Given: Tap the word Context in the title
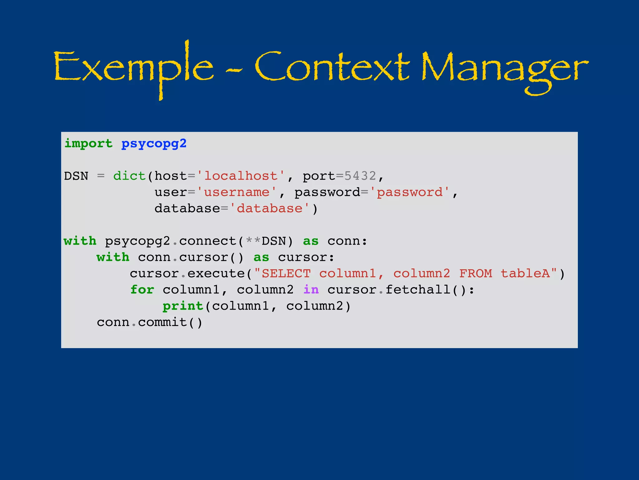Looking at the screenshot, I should point(332,67).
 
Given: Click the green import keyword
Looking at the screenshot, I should point(88,144).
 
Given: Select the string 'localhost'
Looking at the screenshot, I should point(241,176).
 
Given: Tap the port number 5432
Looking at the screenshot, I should point(360,176).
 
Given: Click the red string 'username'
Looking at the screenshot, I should point(237,192).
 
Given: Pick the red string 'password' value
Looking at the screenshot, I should point(410,192).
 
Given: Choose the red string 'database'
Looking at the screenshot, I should point(270,208).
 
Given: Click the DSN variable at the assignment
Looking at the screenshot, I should point(76,176).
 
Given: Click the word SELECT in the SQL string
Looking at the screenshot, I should point(286,273).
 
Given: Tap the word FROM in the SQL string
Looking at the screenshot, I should point(476,273).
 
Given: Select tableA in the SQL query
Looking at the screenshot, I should point(525,273).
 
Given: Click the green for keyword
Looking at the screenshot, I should point(142,290).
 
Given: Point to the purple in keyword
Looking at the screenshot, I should point(311,290).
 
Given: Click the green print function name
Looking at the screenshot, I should point(183,306).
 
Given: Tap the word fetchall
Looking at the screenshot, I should point(418,290).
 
